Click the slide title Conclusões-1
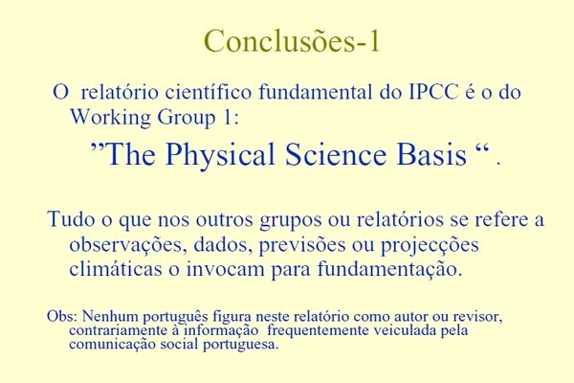pos(292,41)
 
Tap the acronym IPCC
pos(432,92)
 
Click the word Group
pos(187,119)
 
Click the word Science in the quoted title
pos(336,154)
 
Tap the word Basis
pos(431,154)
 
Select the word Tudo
pos(71,219)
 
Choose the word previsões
pos(302,245)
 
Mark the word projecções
pos(430,245)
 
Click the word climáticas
pos(116,268)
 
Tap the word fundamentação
pos(389,269)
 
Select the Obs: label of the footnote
pos(61,316)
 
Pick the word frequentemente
pos(318,331)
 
